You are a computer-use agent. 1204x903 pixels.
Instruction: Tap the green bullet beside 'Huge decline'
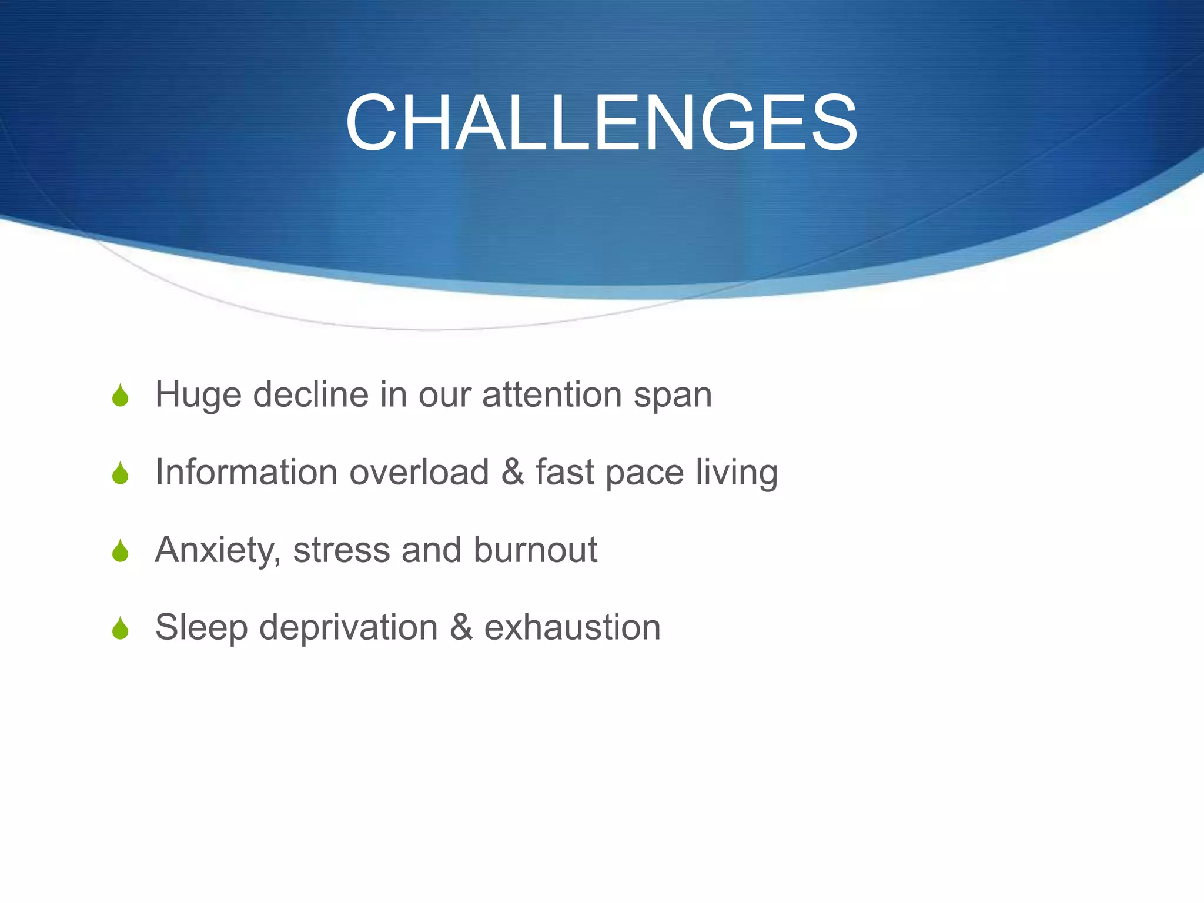(x=120, y=396)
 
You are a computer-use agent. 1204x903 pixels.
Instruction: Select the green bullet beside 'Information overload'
(x=120, y=473)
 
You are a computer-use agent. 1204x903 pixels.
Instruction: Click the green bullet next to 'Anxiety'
(x=120, y=551)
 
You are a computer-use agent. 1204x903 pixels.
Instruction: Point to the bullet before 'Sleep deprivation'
(x=120, y=628)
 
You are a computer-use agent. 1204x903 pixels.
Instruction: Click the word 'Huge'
(x=198, y=395)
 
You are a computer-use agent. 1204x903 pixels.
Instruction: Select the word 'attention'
(x=551, y=395)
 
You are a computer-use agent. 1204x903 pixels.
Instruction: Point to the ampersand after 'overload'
(x=513, y=472)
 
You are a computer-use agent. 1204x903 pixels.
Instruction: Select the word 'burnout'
(x=535, y=550)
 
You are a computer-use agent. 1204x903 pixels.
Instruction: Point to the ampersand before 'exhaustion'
(x=461, y=627)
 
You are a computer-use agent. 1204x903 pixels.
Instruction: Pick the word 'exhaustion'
(x=572, y=627)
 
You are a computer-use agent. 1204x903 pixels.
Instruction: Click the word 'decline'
(x=310, y=394)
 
